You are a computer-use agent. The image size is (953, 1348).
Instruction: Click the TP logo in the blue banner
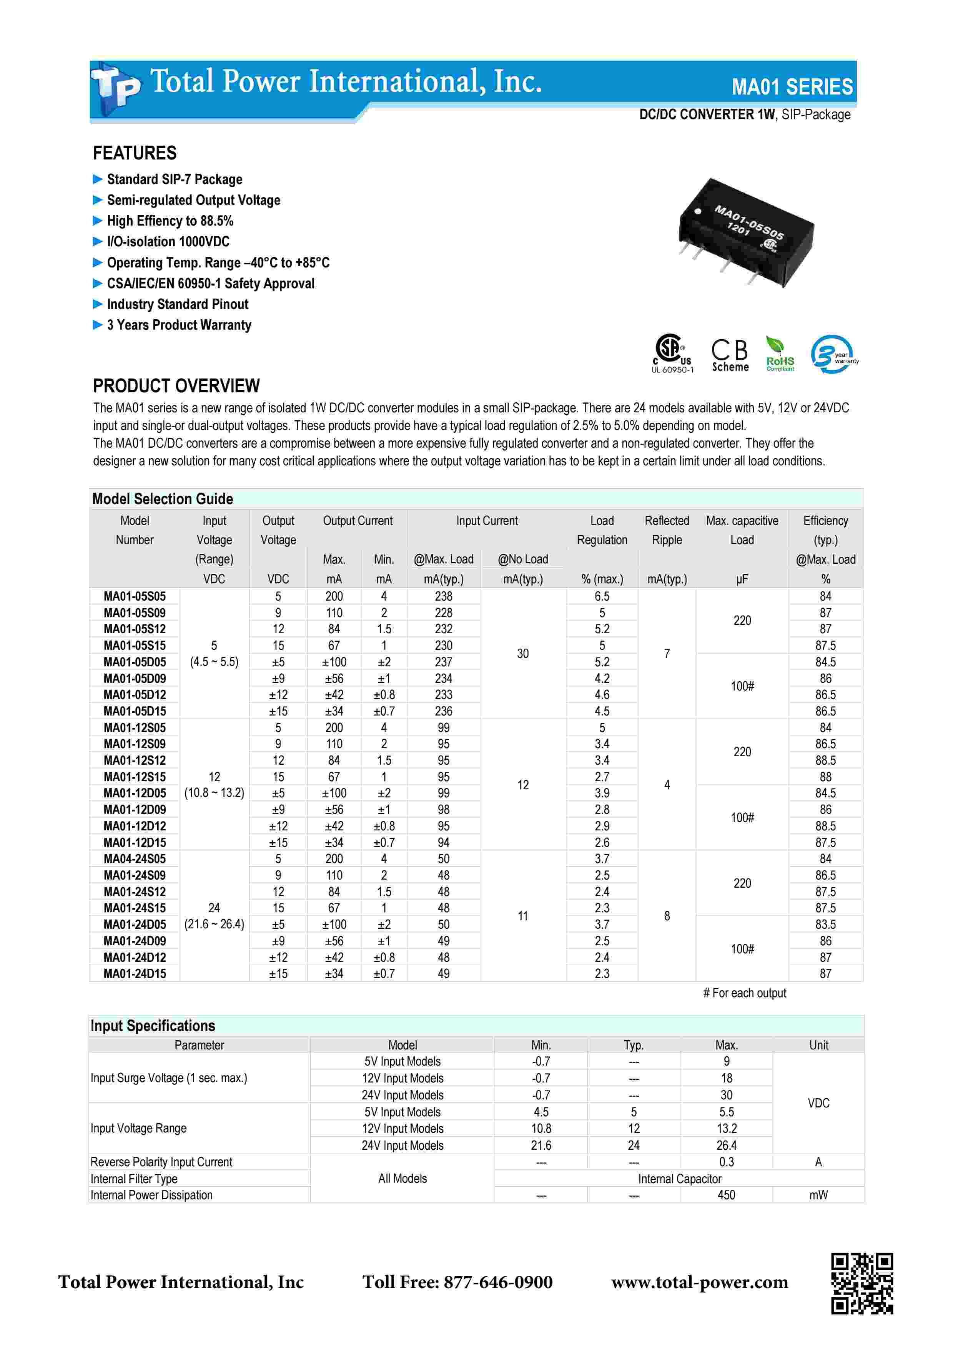116,88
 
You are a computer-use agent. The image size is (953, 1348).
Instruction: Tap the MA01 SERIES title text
792,87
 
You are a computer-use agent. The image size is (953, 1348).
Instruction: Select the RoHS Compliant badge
779,354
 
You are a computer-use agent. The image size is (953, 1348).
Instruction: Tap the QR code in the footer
862,1283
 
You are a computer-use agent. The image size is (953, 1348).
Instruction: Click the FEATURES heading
135,153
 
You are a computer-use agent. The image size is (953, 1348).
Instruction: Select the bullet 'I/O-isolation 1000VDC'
168,242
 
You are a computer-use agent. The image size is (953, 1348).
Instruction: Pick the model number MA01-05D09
135,679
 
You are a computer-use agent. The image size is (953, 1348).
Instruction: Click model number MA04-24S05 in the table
135,859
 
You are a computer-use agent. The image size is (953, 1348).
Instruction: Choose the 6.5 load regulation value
602,596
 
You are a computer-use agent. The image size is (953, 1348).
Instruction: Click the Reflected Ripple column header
667,530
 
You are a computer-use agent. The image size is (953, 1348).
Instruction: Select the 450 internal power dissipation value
726,1195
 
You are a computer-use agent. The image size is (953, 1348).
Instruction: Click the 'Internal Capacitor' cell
679,1179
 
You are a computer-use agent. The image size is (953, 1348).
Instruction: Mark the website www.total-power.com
699,1282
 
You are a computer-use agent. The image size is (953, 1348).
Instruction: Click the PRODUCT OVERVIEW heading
176,386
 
